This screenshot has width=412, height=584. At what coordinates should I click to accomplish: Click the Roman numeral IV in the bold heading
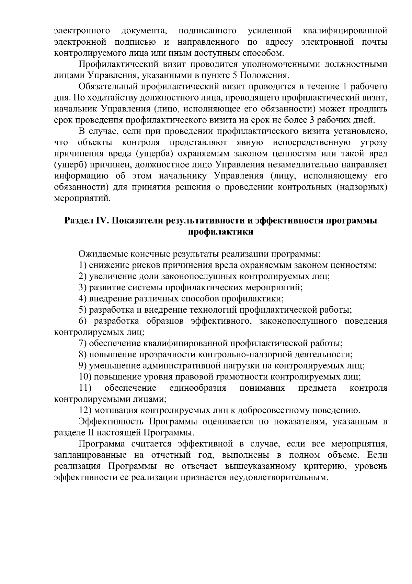pyautogui.click(x=102, y=220)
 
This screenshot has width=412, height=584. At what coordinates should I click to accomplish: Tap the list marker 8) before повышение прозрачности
pyautogui.click(x=82, y=354)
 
